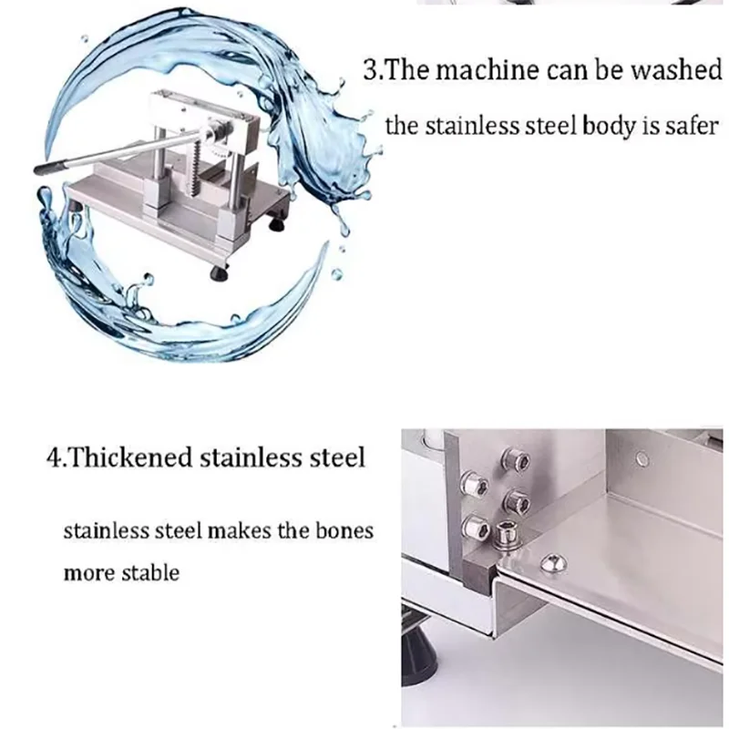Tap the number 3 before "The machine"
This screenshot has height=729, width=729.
pyautogui.click(x=371, y=72)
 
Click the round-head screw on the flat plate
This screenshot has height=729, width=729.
pyautogui.click(x=549, y=565)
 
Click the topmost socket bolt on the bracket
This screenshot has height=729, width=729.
pyautogui.click(x=519, y=462)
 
